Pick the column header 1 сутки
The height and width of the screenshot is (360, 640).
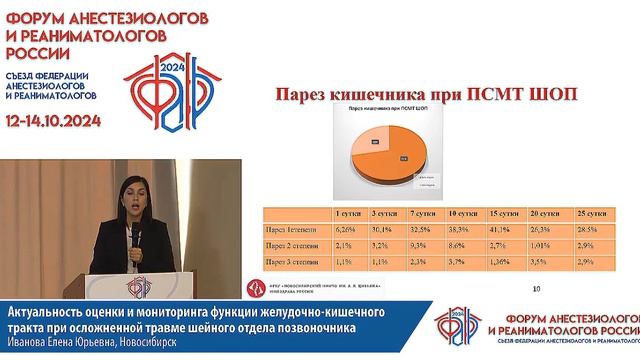(x=346, y=214)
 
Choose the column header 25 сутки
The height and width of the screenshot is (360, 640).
(x=589, y=214)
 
